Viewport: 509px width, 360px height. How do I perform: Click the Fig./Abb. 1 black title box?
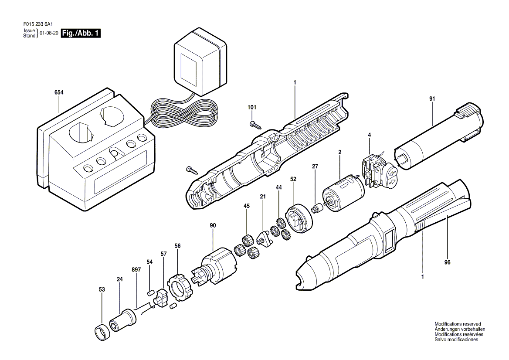pyautogui.click(x=81, y=33)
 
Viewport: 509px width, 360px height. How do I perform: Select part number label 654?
pyautogui.click(x=59, y=92)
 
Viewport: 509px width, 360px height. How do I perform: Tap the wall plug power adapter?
pyautogui.click(x=200, y=62)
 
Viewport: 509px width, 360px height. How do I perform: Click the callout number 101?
pyautogui.click(x=252, y=108)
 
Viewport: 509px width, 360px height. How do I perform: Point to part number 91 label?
pyautogui.click(x=432, y=98)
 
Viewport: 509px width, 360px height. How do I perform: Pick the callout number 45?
pyautogui.click(x=247, y=206)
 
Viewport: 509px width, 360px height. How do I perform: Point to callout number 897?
pyautogui.click(x=137, y=270)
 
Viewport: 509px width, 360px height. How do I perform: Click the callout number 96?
pyautogui.click(x=447, y=262)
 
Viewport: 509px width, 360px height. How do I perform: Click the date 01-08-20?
pyautogui.click(x=49, y=33)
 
